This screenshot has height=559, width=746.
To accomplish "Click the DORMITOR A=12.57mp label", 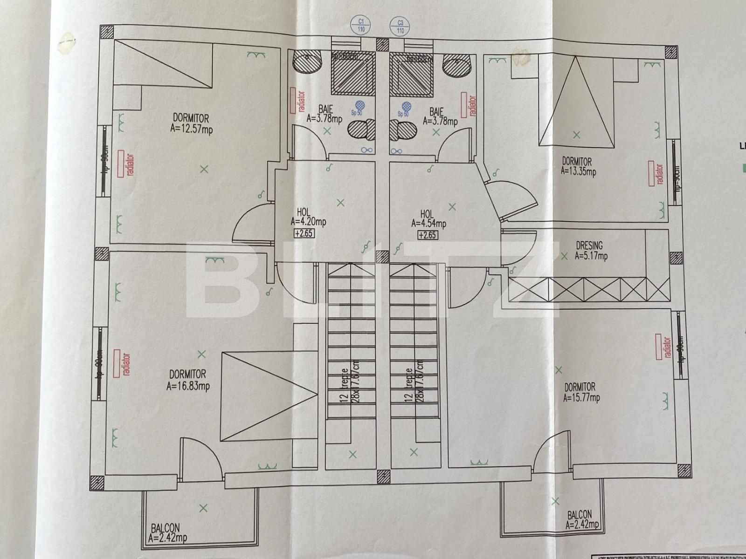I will (192, 123).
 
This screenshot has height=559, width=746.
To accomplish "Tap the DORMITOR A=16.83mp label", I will (188, 380).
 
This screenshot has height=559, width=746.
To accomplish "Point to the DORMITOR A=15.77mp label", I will (581, 392).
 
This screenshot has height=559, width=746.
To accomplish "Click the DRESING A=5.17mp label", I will (590, 250).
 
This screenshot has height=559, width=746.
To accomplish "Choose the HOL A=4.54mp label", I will (428, 219).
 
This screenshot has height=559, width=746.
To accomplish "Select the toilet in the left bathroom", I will (362, 129).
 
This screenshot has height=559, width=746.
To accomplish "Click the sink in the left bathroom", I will (308, 62).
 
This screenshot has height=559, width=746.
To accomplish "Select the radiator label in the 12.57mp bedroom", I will (123, 164).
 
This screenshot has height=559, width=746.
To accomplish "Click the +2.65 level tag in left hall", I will (304, 234).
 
